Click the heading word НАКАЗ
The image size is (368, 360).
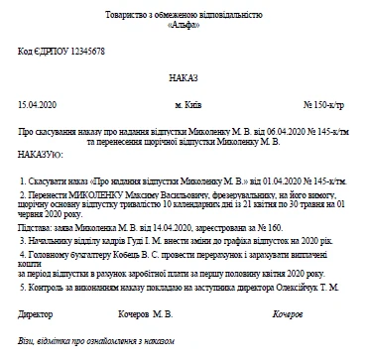pyautogui.click(x=184, y=76)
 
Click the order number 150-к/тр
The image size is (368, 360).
pyautogui.click(x=322, y=104)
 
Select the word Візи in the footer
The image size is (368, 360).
pyautogui.click(x=26, y=341)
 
